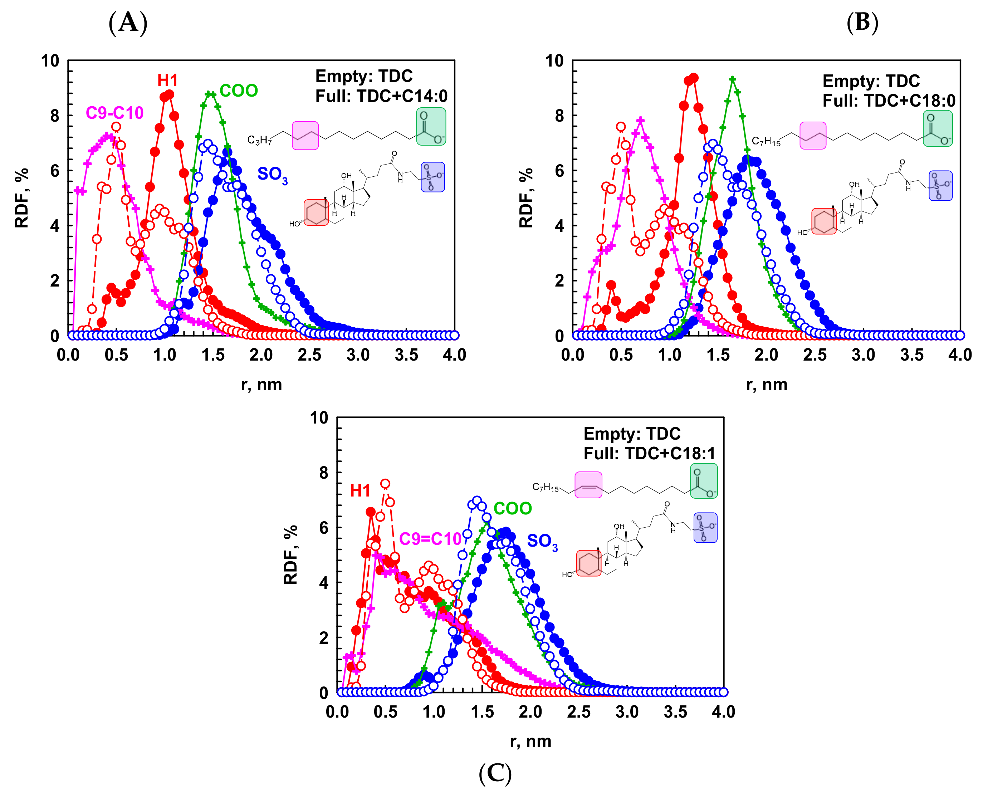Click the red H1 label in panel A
(x=167, y=81)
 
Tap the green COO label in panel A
(x=238, y=91)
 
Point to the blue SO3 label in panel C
(x=542, y=541)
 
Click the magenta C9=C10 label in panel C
(x=430, y=538)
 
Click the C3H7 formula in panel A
(x=259, y=140)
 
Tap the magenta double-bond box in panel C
(x=588, y=485)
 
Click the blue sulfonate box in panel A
(x=432, y=177)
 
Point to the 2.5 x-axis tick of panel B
(x=815, y=355)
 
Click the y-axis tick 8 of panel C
(x=324, y=473)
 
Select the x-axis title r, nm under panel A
(x=261, y=384)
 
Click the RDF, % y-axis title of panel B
(x=526, y=198)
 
